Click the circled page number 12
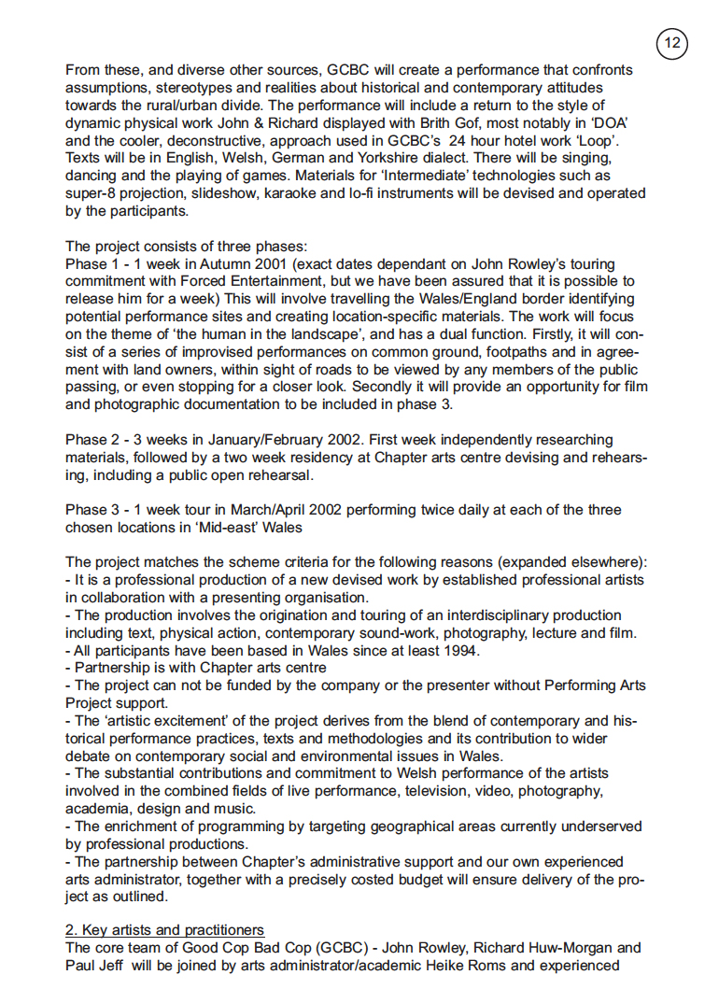click(671, 43)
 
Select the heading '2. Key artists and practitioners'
click(164, 930)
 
